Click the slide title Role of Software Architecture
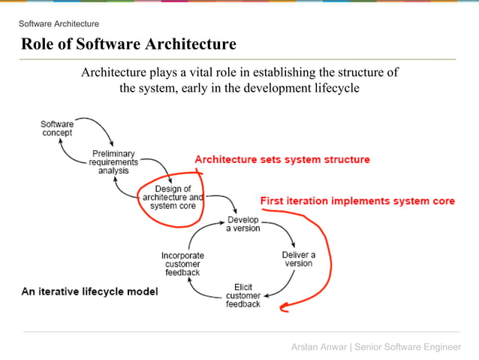[x=128, y=44]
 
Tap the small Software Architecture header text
[x=59, y=24]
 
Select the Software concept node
[x=57, y=128]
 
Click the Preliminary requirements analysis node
[x=113, y=162]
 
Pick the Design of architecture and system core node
[x=173, y=197]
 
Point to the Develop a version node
[x=243, y=224]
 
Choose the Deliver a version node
[x=298, y=259]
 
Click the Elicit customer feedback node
[x=243, y=295]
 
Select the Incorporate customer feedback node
[x=182, y=264]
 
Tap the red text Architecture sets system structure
[x=282, y=159]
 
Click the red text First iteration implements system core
[x=357, y=201]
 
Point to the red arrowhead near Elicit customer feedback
[x=284, y=306]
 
